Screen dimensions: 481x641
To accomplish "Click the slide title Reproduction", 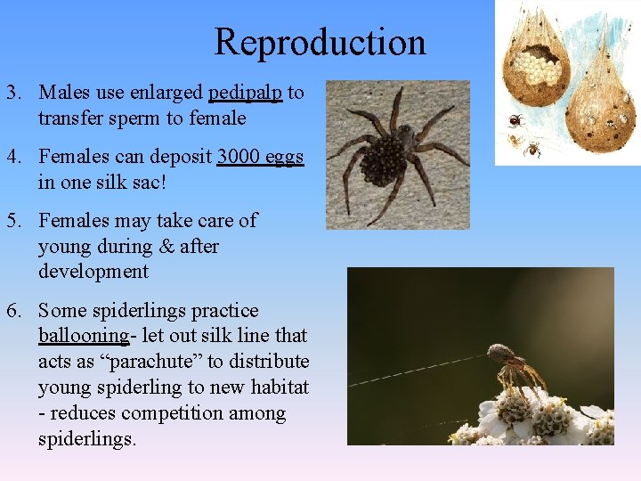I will pos(320,42).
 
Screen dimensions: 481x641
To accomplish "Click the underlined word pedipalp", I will pos(245,93).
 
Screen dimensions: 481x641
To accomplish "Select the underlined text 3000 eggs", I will pos(260,157).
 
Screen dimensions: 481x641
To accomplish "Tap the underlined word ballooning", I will pos(84,336).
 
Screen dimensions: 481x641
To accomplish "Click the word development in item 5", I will pos(93,272).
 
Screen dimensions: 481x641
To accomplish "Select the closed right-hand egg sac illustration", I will pos(601,98).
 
